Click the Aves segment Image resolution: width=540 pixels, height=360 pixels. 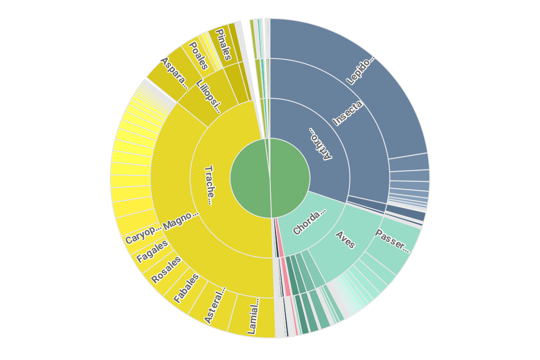346,239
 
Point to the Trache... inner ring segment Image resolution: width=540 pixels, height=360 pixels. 208,185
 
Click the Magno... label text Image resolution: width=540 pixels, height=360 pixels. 180,219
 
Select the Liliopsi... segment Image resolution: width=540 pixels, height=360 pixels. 209,96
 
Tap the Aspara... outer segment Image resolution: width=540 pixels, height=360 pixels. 173,72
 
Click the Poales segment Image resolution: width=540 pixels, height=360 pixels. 198,56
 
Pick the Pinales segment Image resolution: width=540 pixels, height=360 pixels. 223,45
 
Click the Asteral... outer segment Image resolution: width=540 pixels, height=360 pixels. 214,306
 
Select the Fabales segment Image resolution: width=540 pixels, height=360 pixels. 186,288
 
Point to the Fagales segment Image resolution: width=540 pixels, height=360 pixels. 152,252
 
